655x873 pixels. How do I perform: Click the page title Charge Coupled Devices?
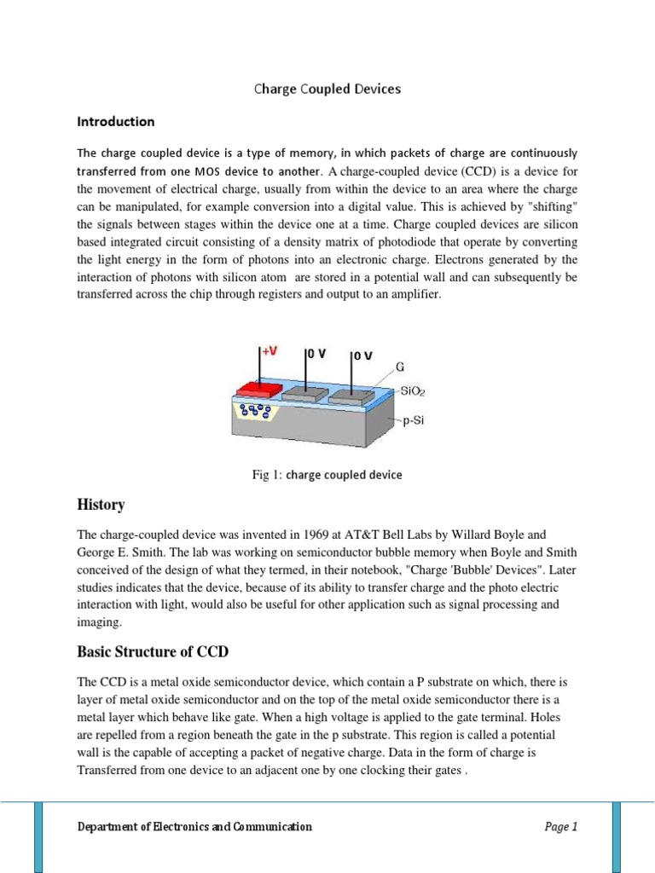[327, 89]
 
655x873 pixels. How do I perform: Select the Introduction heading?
[116, 121]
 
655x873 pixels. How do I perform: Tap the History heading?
[101, 505]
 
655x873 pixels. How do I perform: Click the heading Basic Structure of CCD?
[153, 652]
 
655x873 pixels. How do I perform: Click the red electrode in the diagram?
[258, 389]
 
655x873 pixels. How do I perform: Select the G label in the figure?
[399, 368]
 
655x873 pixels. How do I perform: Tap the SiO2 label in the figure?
[413, 391]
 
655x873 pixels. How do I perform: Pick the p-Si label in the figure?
[412, 421]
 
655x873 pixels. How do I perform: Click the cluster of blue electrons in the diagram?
[256, 412]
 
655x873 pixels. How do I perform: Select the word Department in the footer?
[110, 826]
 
